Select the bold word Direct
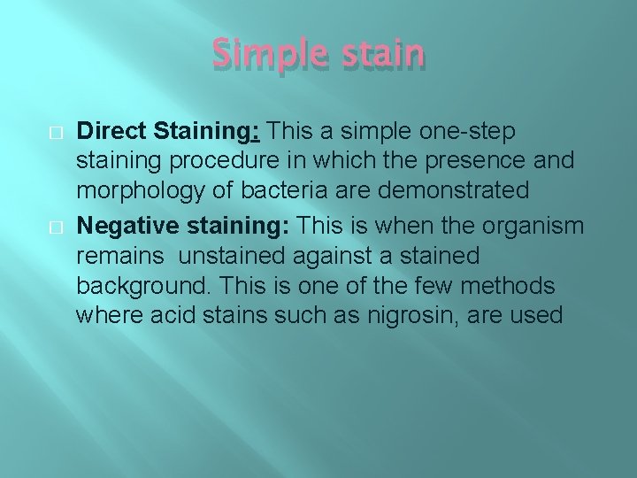click(x=111, y=131)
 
